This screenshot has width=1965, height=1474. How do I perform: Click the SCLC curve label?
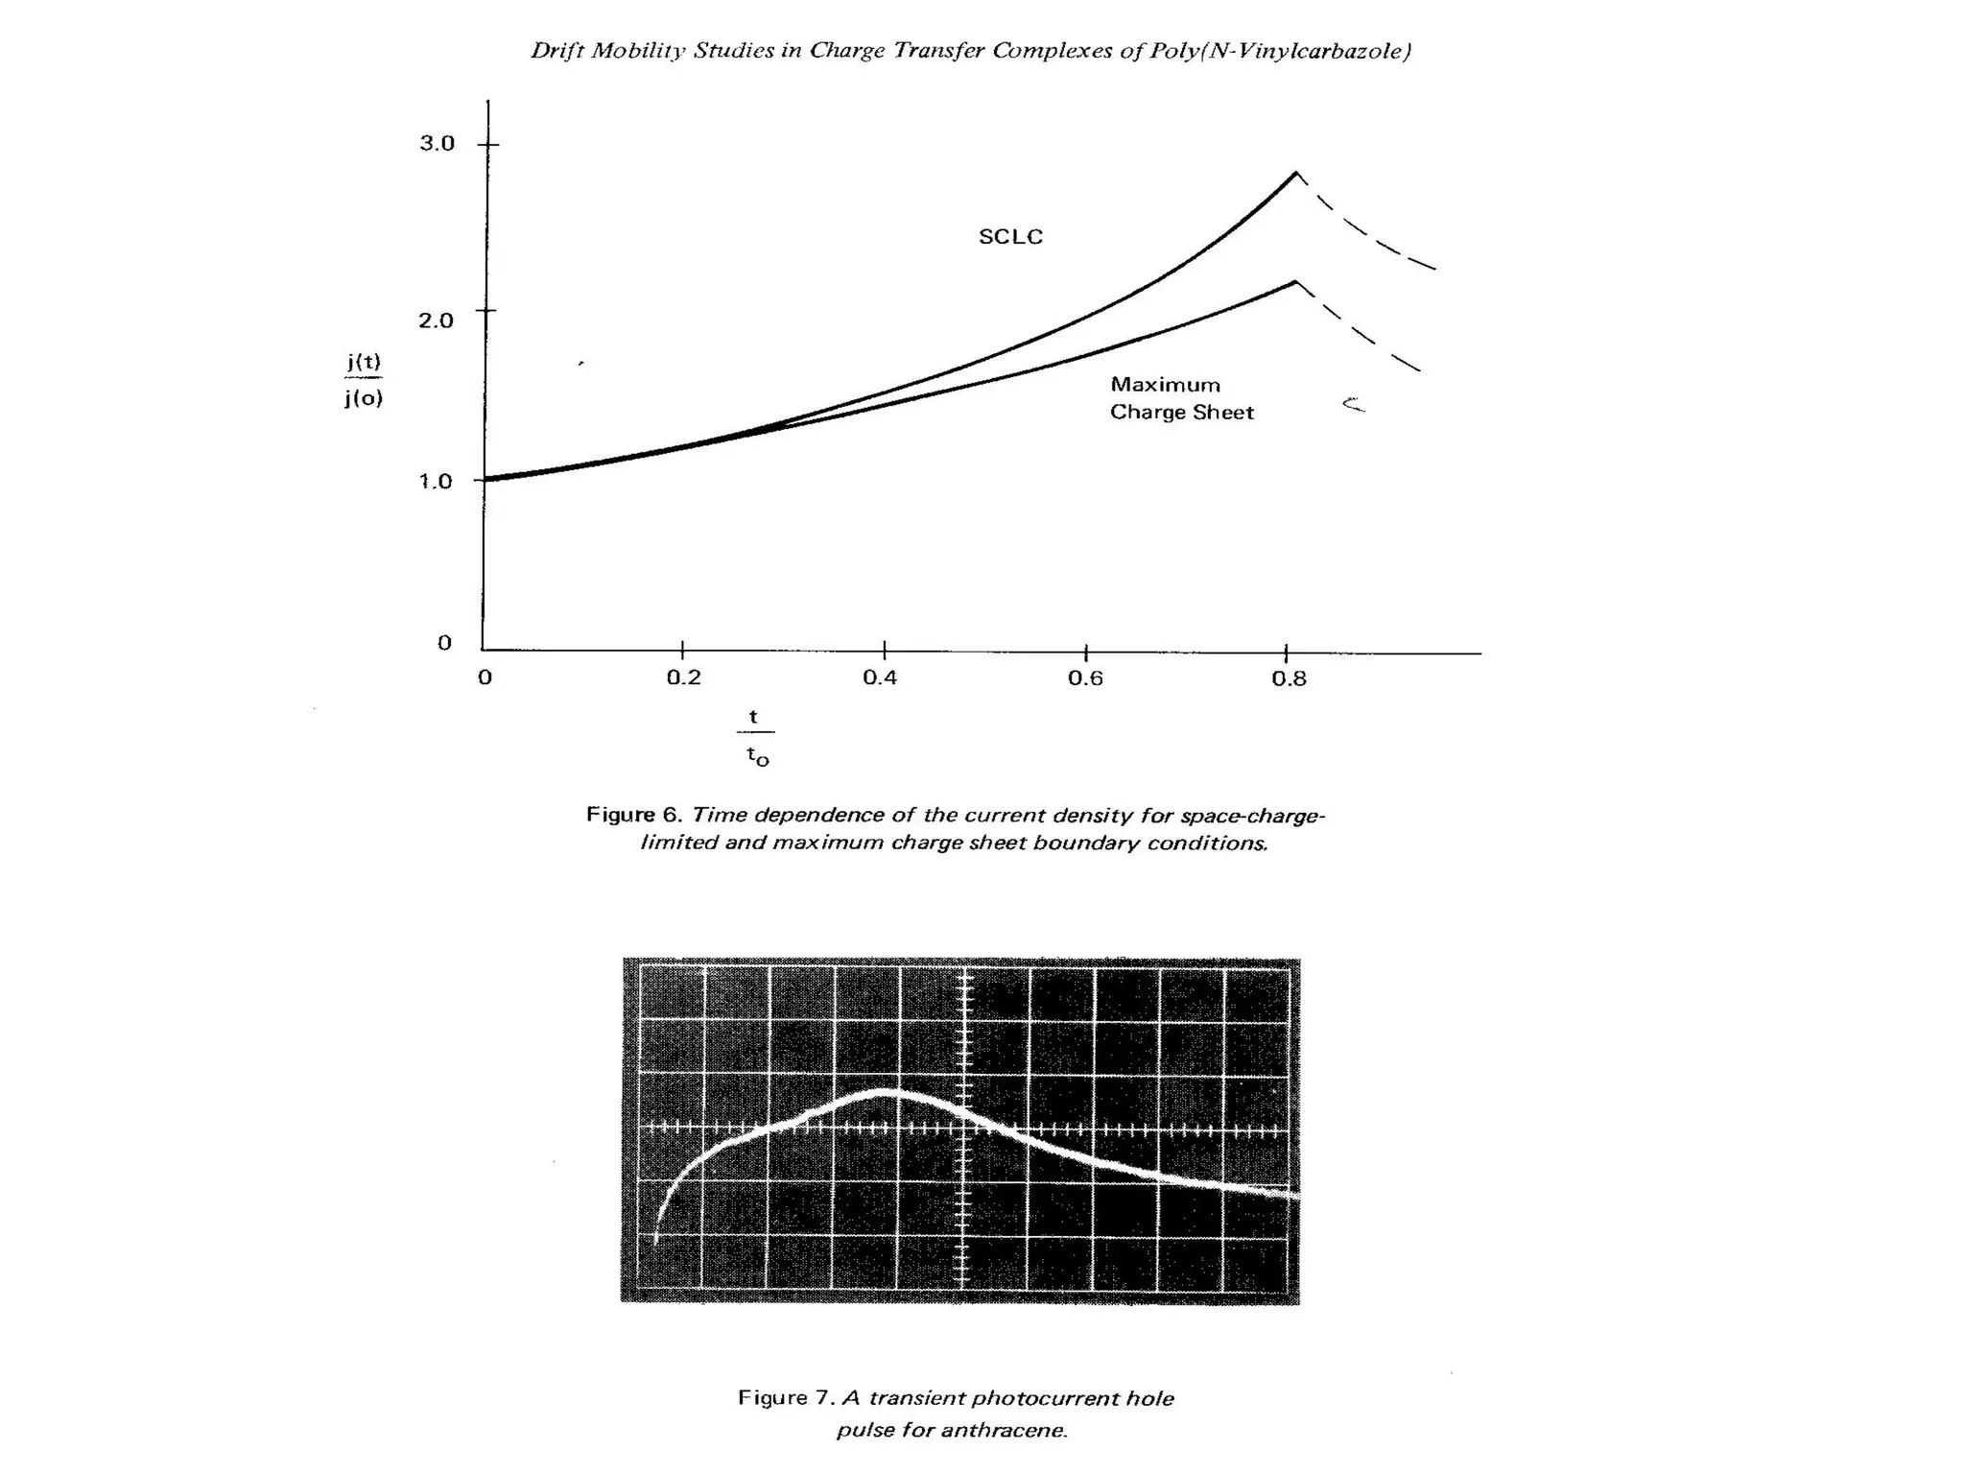click(1010, 236)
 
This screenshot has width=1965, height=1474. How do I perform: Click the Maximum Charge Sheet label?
click(1181, 398)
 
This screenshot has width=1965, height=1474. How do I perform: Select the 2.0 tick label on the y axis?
click(436, 321)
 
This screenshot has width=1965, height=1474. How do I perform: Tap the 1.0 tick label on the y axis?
click(436, 481)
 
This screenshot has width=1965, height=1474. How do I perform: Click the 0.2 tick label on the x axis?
click(683, 678)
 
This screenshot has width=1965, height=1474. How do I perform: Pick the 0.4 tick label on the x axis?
click(880, 678)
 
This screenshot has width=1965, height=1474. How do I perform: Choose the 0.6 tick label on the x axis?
click(1085, 678)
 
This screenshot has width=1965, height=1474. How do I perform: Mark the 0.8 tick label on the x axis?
click(1289, 679)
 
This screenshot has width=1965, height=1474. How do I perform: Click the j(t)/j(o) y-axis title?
click(364, 379)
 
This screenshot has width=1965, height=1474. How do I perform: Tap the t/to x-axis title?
click(756, 738)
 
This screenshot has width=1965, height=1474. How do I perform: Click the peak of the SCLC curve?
click(1296, 173)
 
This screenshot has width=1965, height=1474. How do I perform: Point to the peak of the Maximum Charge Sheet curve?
click(1295, 281)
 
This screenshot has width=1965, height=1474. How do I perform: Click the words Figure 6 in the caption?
click(633, 815)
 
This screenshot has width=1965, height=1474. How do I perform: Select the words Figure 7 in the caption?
click(786, 1397)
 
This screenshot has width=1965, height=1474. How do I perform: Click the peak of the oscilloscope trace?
click(883, 1091)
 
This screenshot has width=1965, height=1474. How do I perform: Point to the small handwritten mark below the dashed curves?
click(1354, 405)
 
